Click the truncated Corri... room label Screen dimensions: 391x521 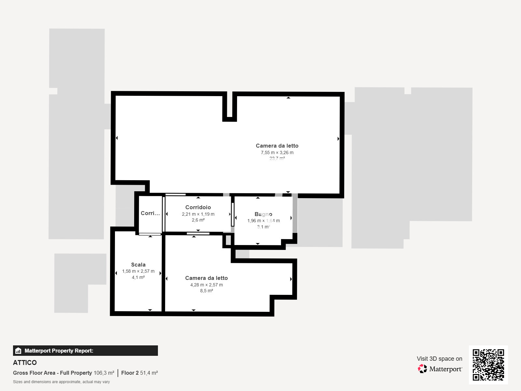pyautogui.click(x=150, y=213)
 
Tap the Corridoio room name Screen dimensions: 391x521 pyautogui.click(x=198, y=207)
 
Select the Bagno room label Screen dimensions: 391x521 pyautogui.click(x=263, y=214)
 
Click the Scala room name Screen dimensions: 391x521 pyautogui.click(x=138, y=265)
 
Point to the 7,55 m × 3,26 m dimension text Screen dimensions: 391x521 pyautogui.click(x=277, y=152)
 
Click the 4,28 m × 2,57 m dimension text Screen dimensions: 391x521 pyautogui.click(x=206, y=285)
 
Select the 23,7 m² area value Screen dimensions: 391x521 pyautogui.click(x=277, y=158)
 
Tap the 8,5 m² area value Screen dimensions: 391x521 pyautogui.click(x=206, y=291)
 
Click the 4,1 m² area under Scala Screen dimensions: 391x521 pyautogui.click(x=138, y=277)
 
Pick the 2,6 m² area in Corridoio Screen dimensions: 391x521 pyautogui.click(x=198, y=220)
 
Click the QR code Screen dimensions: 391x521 pyautogui.click(x=488, y=365)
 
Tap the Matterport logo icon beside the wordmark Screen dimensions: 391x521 pyautogui.click(x=422, y=369)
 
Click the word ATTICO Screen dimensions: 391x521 pyautogui.click(x=25, y=363)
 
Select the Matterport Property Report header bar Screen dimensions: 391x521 pyautogui.click(x=85, y=351)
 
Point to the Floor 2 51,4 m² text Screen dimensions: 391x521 pyautogui.click(x=139, y=373)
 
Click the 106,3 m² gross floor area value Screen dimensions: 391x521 pyautogui.click(x=104, y=373)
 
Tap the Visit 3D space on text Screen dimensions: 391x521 pyautogui.click(x=439, y=358)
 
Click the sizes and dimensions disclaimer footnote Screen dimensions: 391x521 pyautogui.click(x=61, y=382)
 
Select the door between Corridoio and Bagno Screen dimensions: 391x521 pyautogui.click(x=232, y=214)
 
